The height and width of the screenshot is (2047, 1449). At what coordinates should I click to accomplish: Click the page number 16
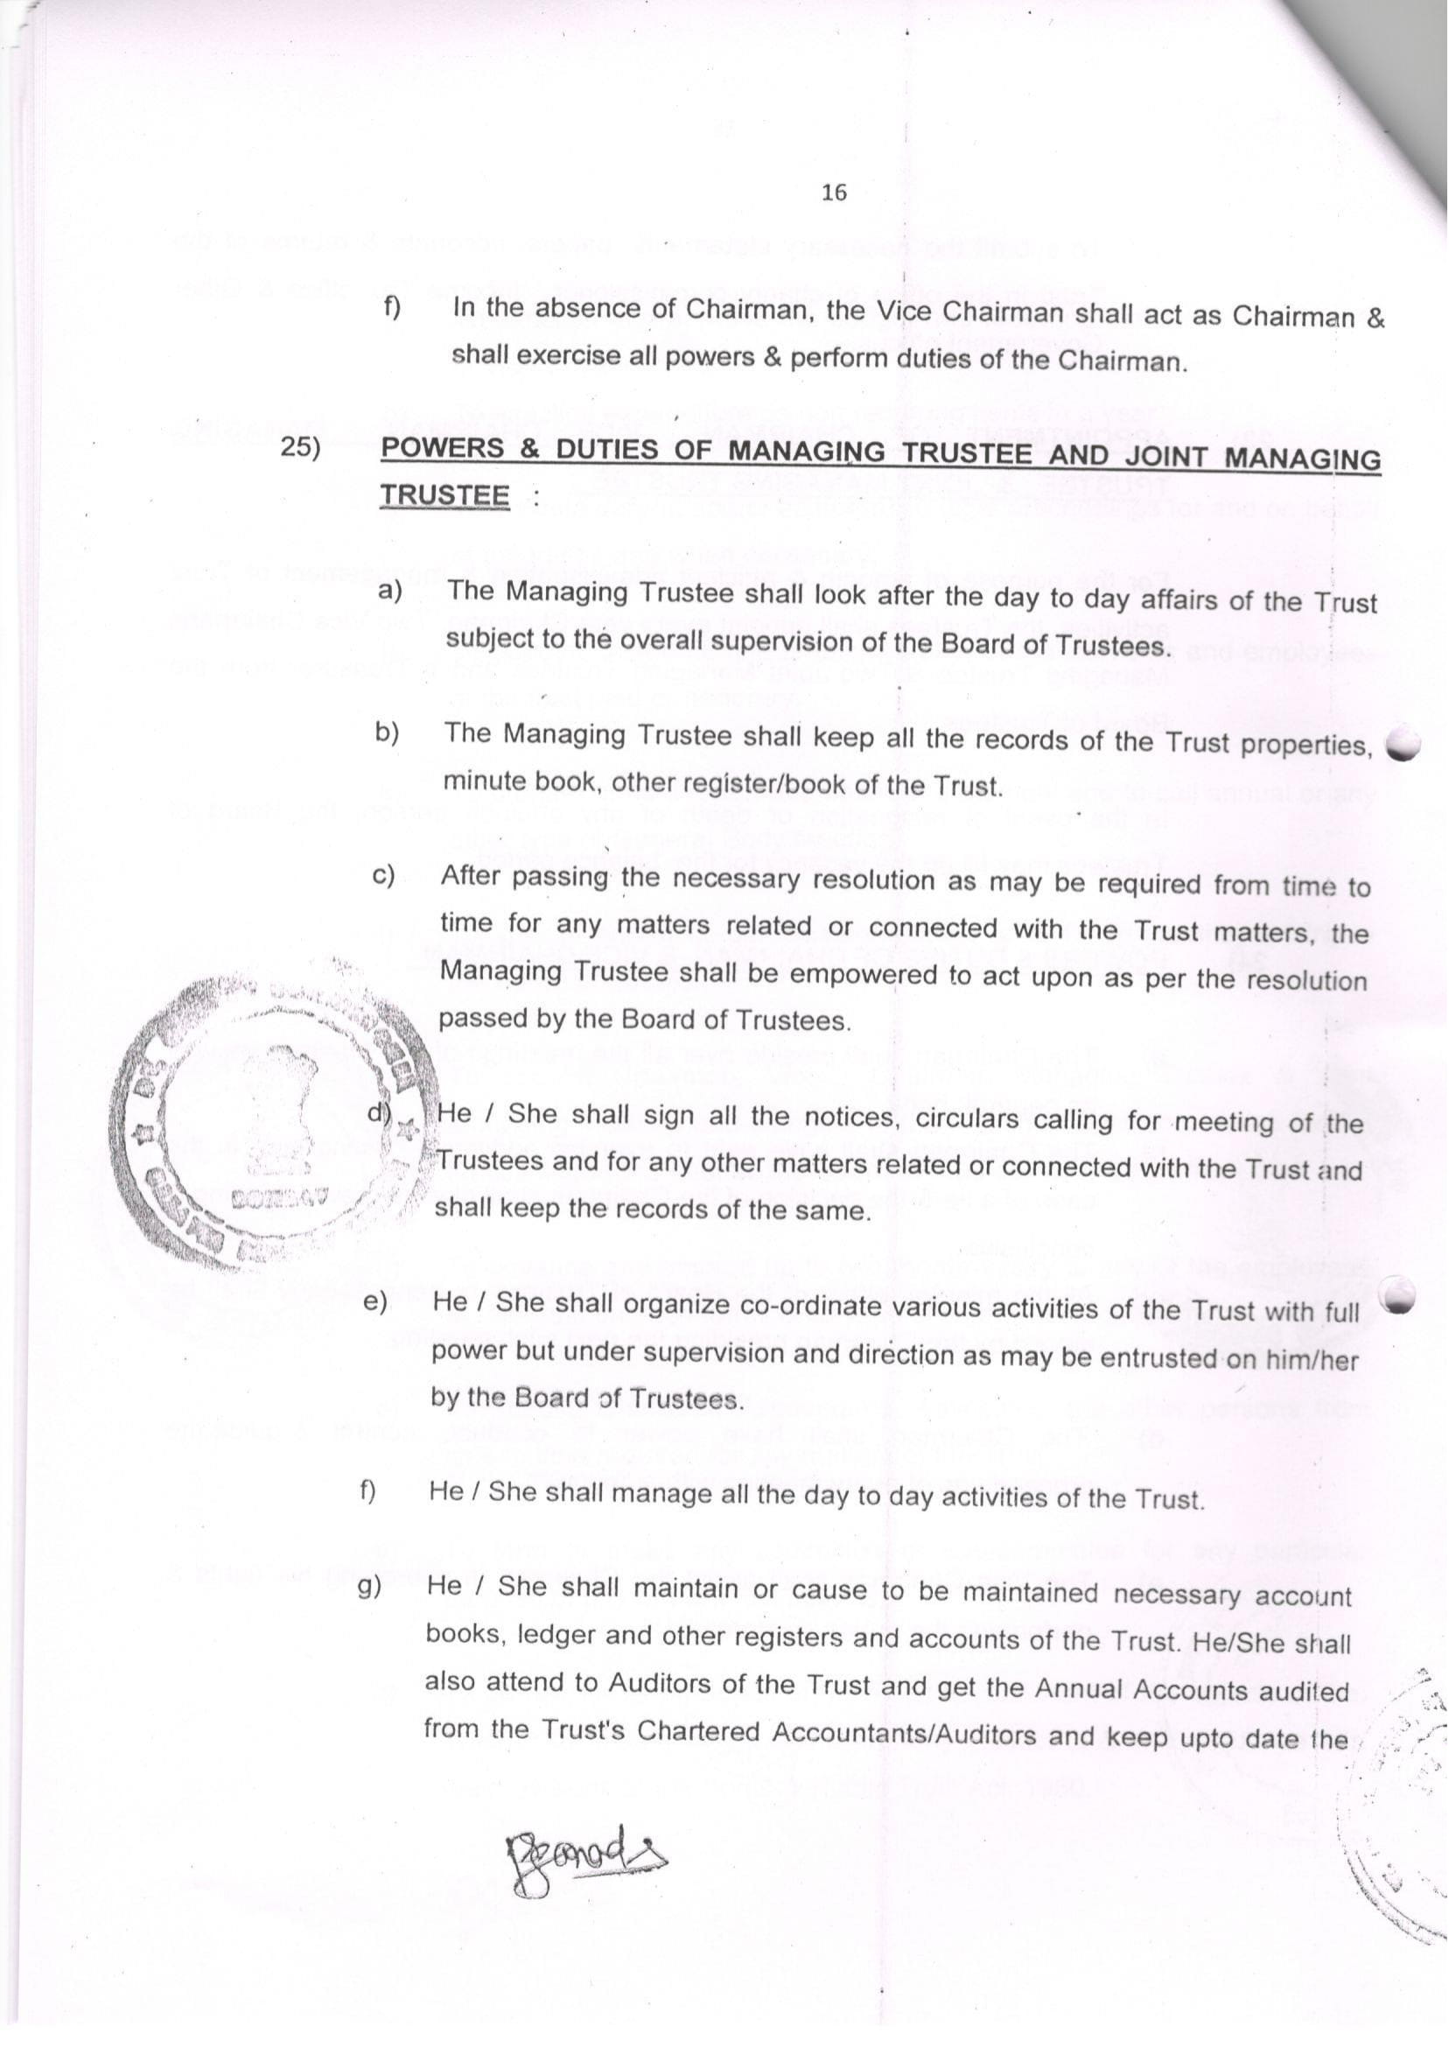(833, 192)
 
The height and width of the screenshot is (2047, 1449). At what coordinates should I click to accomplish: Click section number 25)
(300, 447)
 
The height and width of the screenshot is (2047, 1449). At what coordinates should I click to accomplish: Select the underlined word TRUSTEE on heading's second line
(444, 495)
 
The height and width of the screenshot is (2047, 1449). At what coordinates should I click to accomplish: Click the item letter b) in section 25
(387, 733)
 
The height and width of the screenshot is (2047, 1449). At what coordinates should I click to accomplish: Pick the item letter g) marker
(369, 1587)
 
